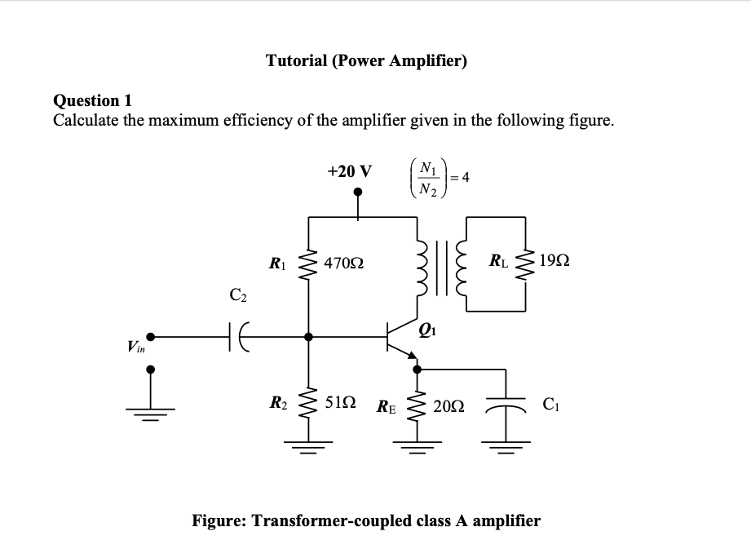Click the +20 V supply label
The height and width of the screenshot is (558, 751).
pos(349,171)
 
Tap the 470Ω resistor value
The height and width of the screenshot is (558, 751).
pos(343,263)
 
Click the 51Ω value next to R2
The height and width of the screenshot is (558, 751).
pos(340,402)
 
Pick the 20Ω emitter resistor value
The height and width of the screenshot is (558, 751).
pos(448,406)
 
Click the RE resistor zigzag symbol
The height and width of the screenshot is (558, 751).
pos(416,406)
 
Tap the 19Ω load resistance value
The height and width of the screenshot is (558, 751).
pos(554,260)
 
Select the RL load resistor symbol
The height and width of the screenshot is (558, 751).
pos(525,264)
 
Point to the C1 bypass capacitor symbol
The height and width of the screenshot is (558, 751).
pos(506,405)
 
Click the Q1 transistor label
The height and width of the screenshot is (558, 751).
pos(427,330)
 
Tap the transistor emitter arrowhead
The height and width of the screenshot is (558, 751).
pos(412,354)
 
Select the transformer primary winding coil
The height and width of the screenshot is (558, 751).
pos(422,268)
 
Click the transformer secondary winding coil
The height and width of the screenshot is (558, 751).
pos(462,268)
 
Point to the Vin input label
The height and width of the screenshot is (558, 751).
pos(136,346)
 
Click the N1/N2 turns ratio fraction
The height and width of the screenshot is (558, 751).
pos(428,178)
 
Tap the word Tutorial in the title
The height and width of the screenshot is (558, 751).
pos(297,60)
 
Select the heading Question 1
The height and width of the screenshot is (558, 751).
pos(92,100)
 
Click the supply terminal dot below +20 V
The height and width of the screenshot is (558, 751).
pos(358,192)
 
